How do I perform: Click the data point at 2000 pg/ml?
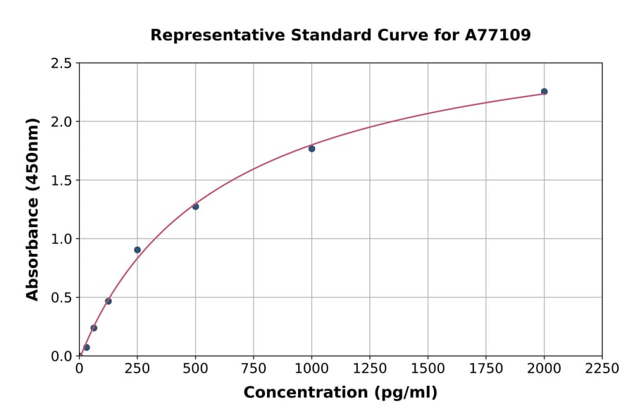[544, 92]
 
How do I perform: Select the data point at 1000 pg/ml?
[311, 149]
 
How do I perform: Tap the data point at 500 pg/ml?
[195, 207]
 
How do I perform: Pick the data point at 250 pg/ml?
[137, 250]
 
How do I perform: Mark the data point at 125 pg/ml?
[108, 301]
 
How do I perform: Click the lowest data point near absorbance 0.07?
[87, 348]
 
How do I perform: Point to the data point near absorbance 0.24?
[94, 328]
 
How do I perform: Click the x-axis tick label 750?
[254, 369]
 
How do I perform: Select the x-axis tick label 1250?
[370, 369]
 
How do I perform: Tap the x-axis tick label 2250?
[602, 369]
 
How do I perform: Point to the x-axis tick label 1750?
[486, 369]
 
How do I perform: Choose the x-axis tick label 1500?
[428, 369]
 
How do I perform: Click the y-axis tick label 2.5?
[61, 63]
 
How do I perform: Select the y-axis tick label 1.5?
[61, 181]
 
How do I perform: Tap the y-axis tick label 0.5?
[61, 298]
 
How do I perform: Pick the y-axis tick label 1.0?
[61, 239]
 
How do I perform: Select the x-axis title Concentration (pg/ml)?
[340, 393]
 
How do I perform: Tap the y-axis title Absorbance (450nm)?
[32, 209]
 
